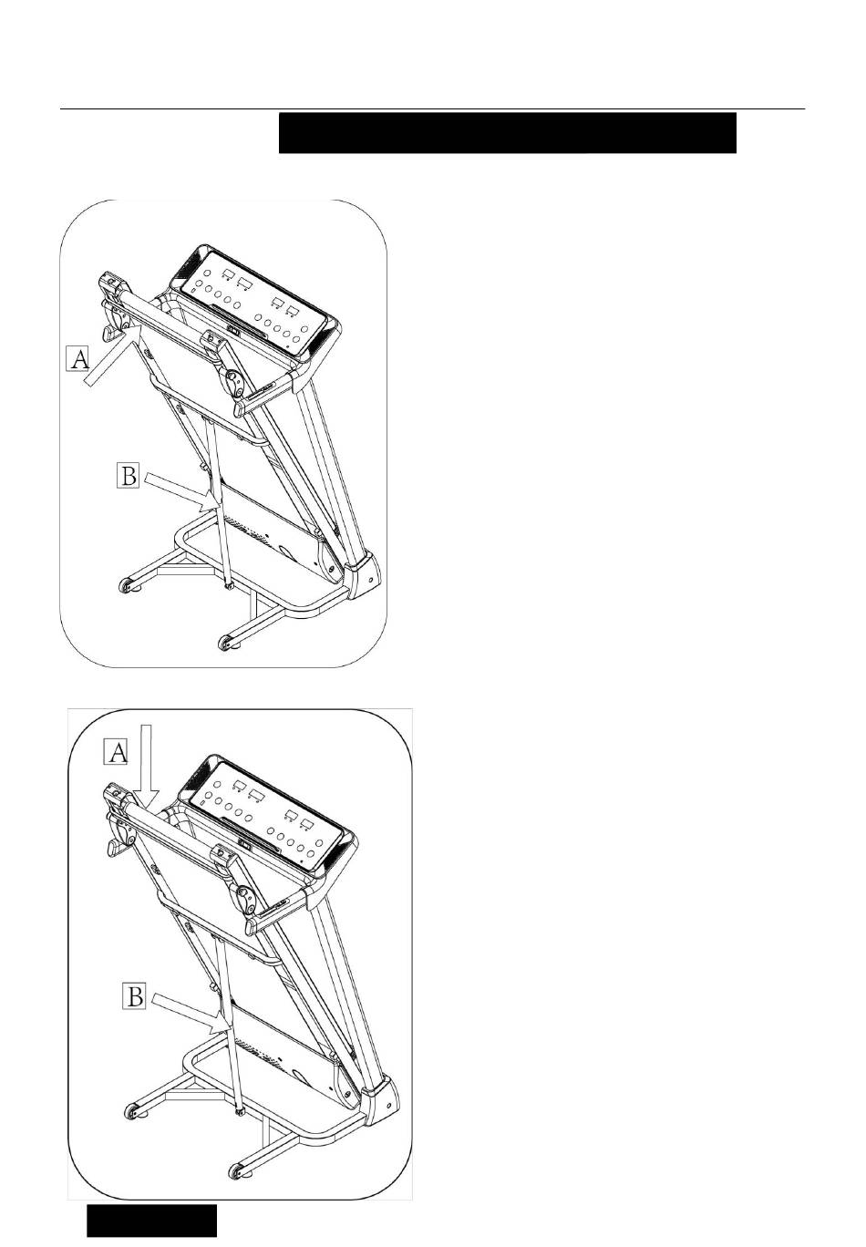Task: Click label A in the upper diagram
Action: [77, 358]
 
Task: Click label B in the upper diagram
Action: [128, 475]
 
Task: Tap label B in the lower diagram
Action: [134, 996]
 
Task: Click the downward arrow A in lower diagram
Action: [146, 766]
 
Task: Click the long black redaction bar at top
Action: [507, 132]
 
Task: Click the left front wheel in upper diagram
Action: [124, 585]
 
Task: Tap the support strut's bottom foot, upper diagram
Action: [228, 585]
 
